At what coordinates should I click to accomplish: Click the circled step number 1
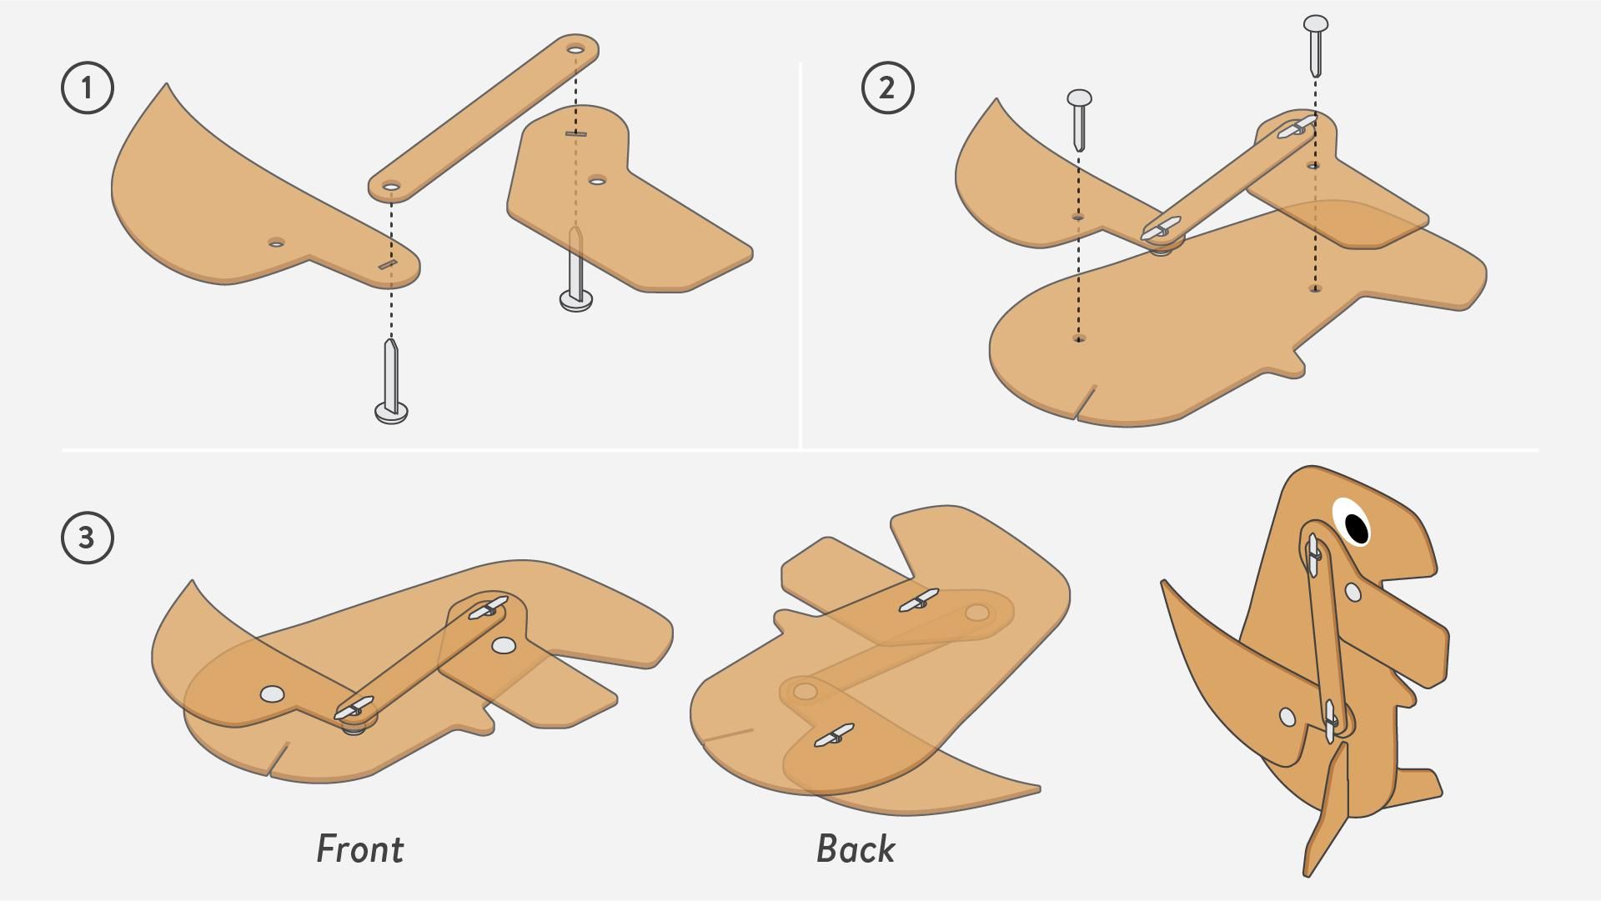pyautogui.click(x=88, y=88)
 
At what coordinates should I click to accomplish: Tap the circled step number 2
pyautogui.click(x=887, y=88)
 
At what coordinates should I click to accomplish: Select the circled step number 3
pyautogui.click(x=88, y=538)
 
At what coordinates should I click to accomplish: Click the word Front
pyautogui.click(x=359, y=849)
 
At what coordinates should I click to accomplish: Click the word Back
pyautogui.click(x=856, y=849)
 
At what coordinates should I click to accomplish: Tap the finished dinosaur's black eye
pyautogui.click(x=1357, y=527)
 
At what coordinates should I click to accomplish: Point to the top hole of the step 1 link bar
pyautogui.click(x=575, y=50)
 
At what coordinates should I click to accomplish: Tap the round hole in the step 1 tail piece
pyautogui.click(x=276, y=243)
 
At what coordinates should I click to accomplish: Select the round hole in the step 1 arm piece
pyautogui.click(x=597, y=180)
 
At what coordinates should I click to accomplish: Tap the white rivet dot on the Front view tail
pyautogui.click(x=272, y=693)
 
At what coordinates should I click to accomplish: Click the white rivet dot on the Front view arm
pyautogui.click(x=503, y=645)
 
